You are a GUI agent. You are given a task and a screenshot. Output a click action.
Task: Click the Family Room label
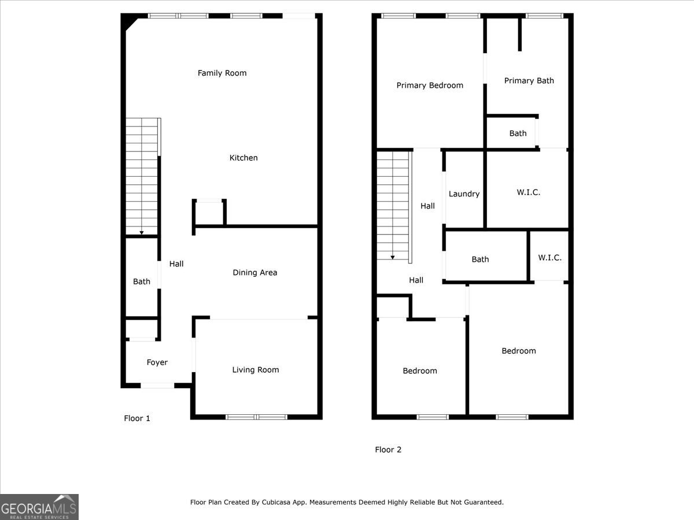tap(222, 73)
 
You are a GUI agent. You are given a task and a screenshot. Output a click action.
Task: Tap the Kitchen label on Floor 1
tap(243, 158)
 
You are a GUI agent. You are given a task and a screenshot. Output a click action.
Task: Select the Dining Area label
tap(254, 273)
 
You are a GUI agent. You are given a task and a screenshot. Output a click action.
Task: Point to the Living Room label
tap(255, 370)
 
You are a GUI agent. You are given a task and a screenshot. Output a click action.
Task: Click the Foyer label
tap(157, 363)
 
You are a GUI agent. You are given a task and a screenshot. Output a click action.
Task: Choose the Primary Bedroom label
tap(430, 86)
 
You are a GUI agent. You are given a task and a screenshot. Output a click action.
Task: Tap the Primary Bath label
tap(529, 81)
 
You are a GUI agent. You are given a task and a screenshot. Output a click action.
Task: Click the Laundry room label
tap(464, 194)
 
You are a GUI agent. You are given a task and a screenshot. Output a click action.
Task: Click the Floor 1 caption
tap(137, 418)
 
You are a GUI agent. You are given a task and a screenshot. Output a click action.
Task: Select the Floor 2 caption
tap(388, 450)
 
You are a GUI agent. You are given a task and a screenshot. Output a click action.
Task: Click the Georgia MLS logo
tap(39, 507)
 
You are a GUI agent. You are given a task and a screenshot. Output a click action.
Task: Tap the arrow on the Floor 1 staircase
tap(142, 232)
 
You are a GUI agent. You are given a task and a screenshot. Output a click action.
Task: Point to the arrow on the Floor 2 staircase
tap(393, 257)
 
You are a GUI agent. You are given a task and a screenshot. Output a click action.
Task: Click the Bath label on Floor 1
tap(142, 282)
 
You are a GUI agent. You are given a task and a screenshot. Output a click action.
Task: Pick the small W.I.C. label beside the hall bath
tap(549, 258)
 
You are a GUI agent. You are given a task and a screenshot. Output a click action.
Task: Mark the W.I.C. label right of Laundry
tap(528, 192)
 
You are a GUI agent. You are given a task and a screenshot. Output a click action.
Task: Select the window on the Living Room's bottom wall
tap(256, 417)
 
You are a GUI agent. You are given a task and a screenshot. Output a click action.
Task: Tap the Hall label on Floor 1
tap(176, 264)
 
